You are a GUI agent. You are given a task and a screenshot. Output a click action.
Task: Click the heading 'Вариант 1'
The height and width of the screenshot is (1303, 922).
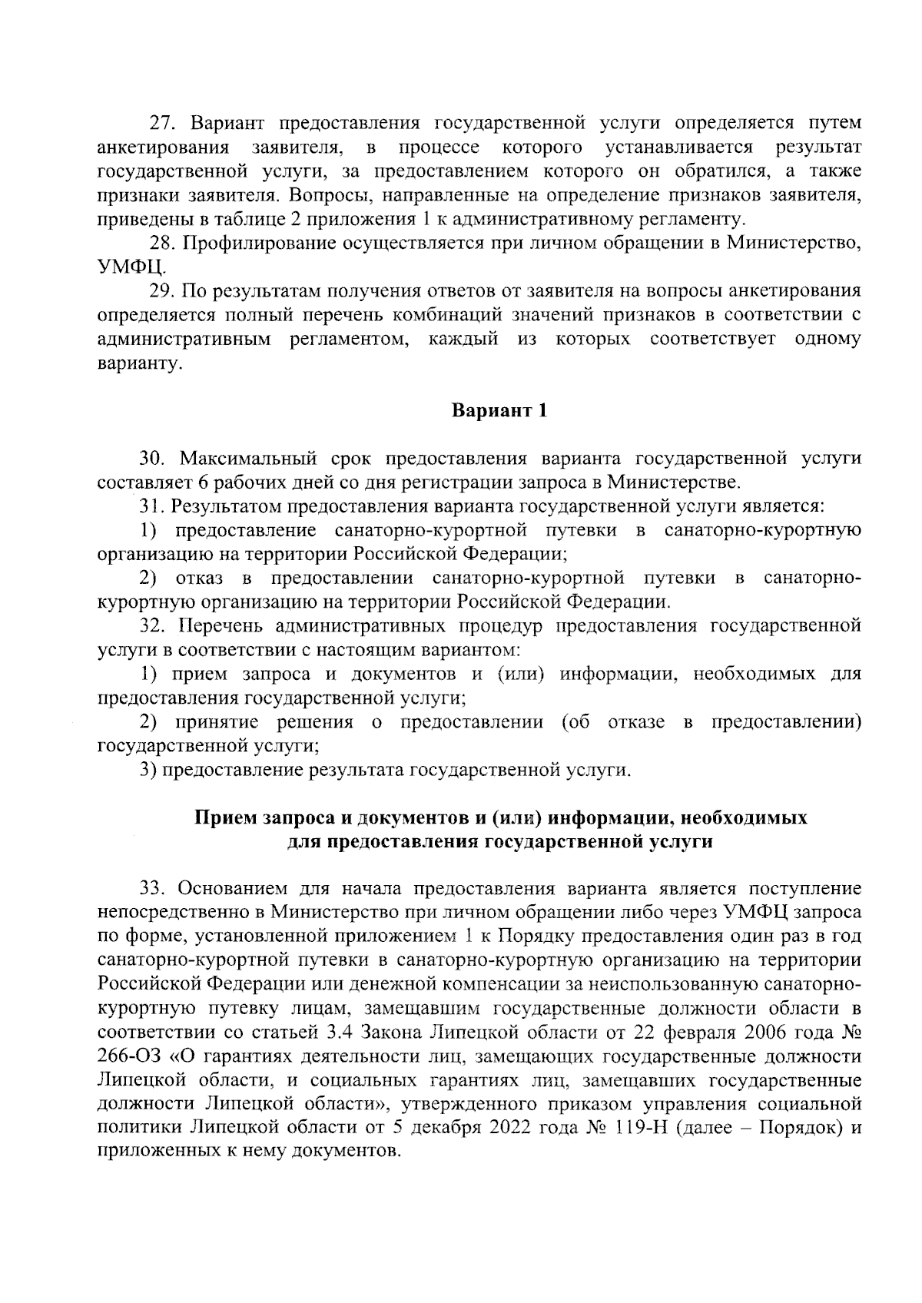tap(499, 410)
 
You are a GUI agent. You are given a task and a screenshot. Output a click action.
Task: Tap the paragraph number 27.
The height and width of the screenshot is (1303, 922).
tap(163, 123)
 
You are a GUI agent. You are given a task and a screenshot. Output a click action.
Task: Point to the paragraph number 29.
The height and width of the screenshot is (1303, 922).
tap(163, 290)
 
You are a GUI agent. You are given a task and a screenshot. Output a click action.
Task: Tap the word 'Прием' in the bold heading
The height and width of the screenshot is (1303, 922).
tap(224, 817)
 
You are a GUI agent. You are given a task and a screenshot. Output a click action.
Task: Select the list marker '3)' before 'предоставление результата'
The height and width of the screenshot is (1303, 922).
tap(148, 770)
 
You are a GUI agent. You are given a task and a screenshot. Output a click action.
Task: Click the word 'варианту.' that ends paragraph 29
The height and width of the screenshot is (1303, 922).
tap(140, 363)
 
